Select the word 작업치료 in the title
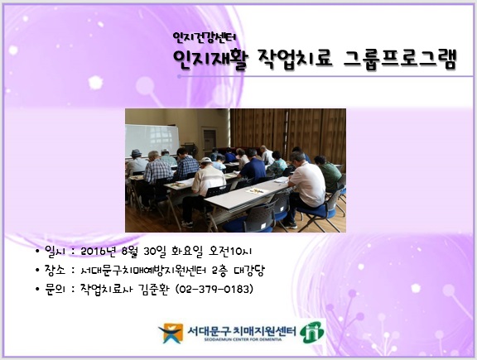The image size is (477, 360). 295,60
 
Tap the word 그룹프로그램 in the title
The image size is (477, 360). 400,60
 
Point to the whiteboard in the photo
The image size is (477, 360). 152,141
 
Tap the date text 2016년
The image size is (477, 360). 99,251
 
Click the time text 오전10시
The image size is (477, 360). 230,251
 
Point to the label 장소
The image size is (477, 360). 55,270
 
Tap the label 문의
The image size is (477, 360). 55,289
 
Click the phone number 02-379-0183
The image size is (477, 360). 214,289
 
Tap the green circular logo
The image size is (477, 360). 312,333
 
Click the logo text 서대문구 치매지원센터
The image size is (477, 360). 242,330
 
